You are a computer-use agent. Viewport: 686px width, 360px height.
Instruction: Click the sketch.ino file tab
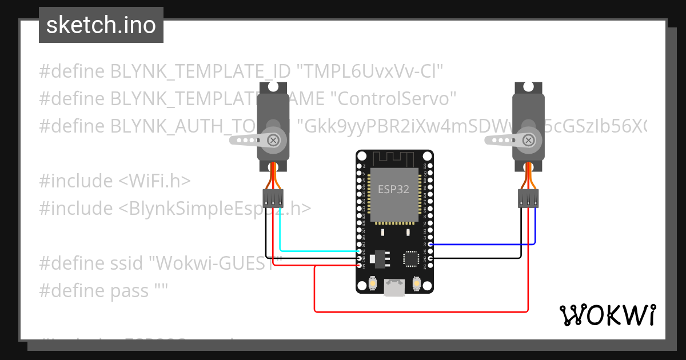pyautogui.click(x=101, y=25)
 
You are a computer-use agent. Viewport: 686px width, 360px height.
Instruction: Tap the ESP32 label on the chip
pyautogui.click(x=394, y=190)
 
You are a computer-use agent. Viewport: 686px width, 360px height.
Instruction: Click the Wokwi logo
pyautogui.click(x=607, y=315)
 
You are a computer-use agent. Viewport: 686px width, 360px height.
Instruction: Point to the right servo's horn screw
pyautogui.click(x=531, y=139)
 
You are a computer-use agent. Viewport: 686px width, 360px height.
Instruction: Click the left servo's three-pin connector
pyautogui.click(x=273, y=198)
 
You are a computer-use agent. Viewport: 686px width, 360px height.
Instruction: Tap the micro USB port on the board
pyautogui.click(x=394, y=288)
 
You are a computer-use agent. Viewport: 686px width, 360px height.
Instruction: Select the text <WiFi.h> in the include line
pyautogui.click(x=154, y=181)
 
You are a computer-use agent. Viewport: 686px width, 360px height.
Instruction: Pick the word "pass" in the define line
pyautogui.click(x=130, y=291)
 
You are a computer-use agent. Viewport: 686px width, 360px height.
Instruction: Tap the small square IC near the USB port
pyautogui.click(x=412, y=259)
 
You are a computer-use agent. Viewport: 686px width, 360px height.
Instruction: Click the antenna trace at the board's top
pyautogui.click(x=394, y=158)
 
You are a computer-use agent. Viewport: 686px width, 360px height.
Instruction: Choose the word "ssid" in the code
pyautogui.click(x=129, y=263)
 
